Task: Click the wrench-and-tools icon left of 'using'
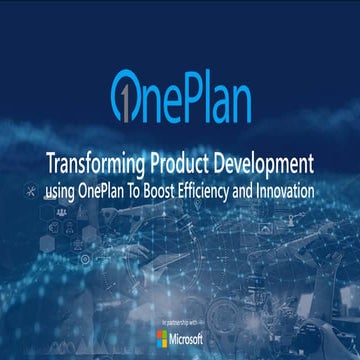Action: [33, 189]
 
